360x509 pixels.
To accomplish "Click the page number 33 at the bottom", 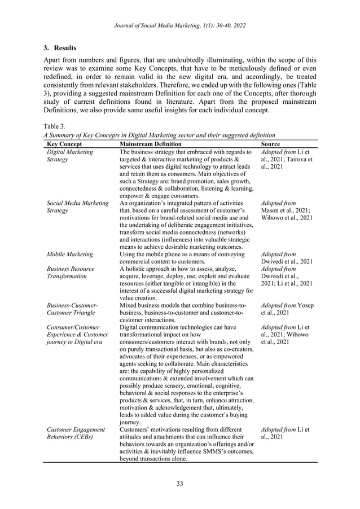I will coord(180,483).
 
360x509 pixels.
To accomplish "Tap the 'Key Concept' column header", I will coord(64,144).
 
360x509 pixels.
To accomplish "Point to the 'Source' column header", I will coord(271,144).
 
